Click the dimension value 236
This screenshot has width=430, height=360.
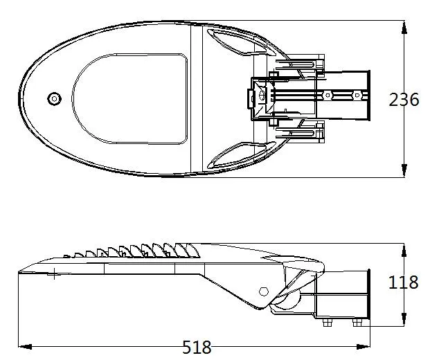(x=403, y=100)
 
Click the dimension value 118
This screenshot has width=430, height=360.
(x=403, y=282)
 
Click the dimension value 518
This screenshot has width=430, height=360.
(x=197, y=348)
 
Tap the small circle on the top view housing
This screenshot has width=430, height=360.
(x=54, y=99)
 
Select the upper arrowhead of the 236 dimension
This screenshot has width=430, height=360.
(x=404, y=26)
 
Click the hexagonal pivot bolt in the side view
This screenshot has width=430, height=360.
(x=264, y=291)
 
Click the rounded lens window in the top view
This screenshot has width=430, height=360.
(x=132, y=99)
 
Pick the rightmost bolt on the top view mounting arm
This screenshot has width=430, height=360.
(x=357, y=94)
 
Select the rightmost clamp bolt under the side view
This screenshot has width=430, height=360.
(x=357, y=322)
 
